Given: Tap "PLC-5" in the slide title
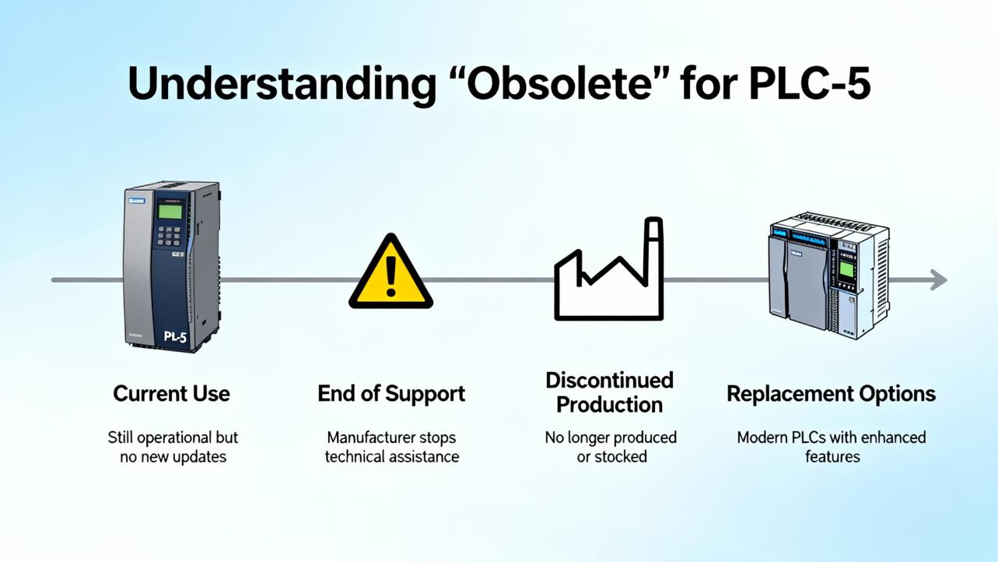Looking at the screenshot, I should point(809,83).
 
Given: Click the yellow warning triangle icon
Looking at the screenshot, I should point(390,273).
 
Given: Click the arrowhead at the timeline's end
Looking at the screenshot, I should point(939,280).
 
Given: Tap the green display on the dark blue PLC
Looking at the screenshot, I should point(170,211).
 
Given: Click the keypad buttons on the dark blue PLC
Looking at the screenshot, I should point(169,237).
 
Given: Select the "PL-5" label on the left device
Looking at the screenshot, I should point(175,337).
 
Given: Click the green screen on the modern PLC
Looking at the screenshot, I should point(846,271).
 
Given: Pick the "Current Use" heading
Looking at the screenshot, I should point(171,394).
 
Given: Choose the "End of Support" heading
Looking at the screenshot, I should point(391,394).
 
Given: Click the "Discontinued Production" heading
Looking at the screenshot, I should point(609,392).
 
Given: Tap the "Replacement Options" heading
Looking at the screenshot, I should point(831,394).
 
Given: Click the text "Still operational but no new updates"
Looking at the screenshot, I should point(173,447).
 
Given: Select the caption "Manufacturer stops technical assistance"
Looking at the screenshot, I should point(391,447).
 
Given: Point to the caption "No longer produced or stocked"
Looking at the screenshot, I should point(611,447).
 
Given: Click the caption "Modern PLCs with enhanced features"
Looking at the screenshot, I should point(832,447).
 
